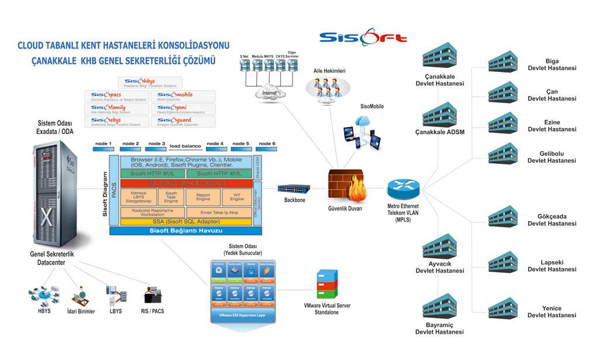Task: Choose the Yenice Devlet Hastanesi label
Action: tap(552, 312)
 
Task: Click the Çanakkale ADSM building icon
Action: tap(440, 114)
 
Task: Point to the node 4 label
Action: tap(215, 144)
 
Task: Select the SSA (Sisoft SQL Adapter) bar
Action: tap(186, 222)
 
